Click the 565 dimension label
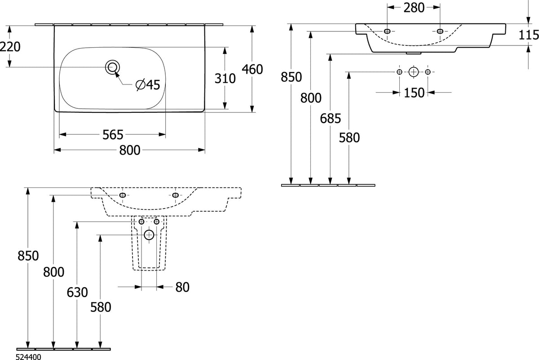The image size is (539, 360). pyautogui.click(x=113, y=135)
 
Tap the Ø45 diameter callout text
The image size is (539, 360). pyautogui.click(x=148, y=84)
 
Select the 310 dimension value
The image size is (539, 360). pyautogui.click(x=225, y=79)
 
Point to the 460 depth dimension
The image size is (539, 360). pyautogui.click(x=252, y=69)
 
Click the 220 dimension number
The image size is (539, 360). pyautogui.click(x=10, y=47)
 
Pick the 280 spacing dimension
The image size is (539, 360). pyautogui.click(x=414, y=8)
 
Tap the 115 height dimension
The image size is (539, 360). pyautogui.click(x=529, y=36)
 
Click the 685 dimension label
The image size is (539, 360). pyautogui.click(x=331, y=119)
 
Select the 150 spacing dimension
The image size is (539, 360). pyautogui.click(x=414, y=93)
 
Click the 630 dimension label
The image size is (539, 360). pyautogui.click(x=77, y=292)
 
